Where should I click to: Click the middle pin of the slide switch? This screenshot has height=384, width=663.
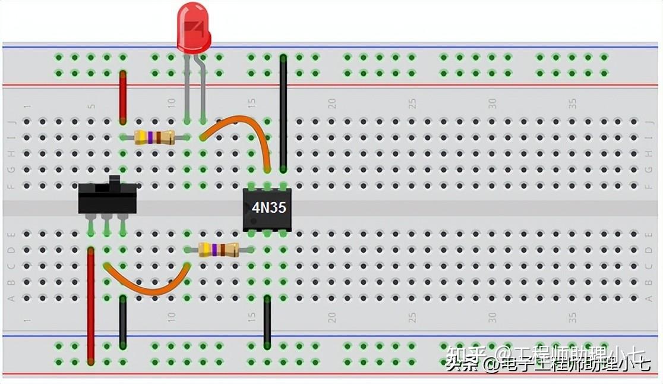107,224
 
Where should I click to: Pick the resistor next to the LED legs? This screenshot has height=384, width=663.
154,137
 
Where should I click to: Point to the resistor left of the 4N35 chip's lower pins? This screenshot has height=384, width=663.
218,250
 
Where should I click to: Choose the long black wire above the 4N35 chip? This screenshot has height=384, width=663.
283,113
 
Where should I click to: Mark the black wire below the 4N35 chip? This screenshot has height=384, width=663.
267,321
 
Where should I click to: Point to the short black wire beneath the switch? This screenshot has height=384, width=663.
123,321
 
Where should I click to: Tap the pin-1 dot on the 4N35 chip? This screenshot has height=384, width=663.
251,221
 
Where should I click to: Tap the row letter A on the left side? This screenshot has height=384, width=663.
11,298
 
